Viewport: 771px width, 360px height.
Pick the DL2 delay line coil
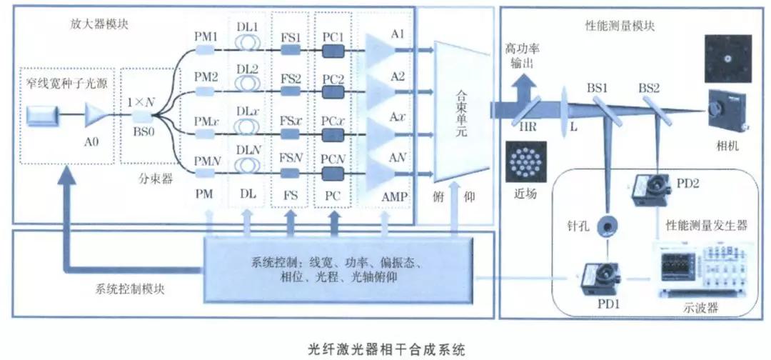(x=247, y=91)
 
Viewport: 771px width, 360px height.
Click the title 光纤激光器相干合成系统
(x=385, y=349)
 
